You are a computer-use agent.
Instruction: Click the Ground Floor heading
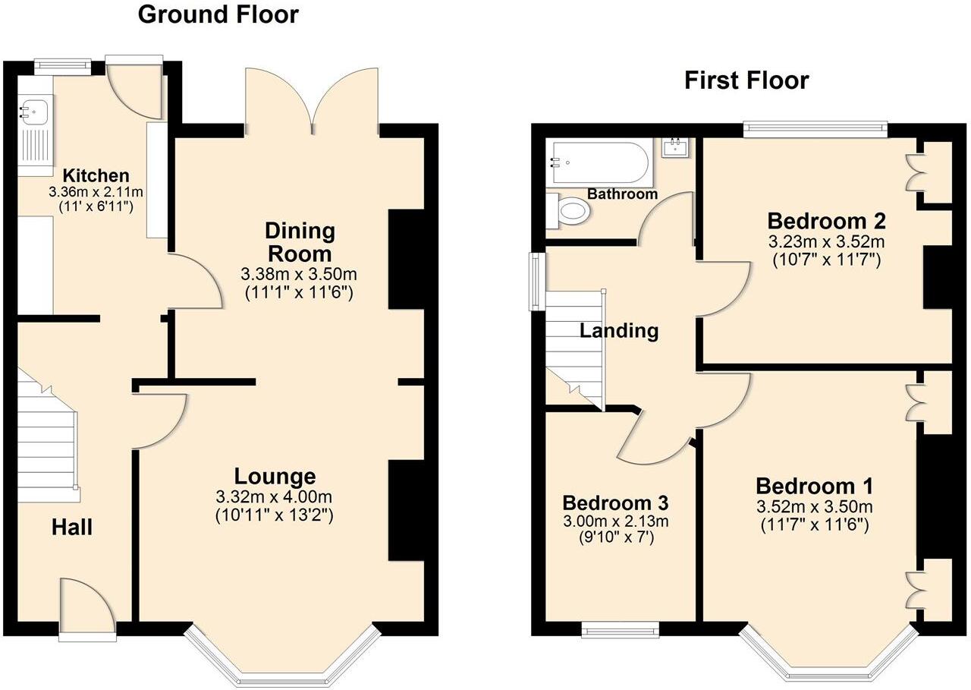coord(218,14)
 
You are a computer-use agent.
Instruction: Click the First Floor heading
coord(746,80)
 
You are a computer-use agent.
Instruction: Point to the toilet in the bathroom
coord(569,210)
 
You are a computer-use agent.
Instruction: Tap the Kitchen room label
coord(96,175)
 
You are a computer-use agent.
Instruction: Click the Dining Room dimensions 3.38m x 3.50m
coord(298,274)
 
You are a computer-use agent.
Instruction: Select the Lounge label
coord(274,477)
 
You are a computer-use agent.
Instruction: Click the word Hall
coord(72,526)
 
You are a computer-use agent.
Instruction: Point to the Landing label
coord(619,331)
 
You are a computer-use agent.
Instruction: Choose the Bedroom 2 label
coord(826,222)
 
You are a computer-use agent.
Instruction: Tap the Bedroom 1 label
coord(814,486)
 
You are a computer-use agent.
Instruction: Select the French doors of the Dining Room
coord(312,99)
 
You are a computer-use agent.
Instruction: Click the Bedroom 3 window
coord(620,629)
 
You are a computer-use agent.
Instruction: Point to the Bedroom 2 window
coord(815,130)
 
